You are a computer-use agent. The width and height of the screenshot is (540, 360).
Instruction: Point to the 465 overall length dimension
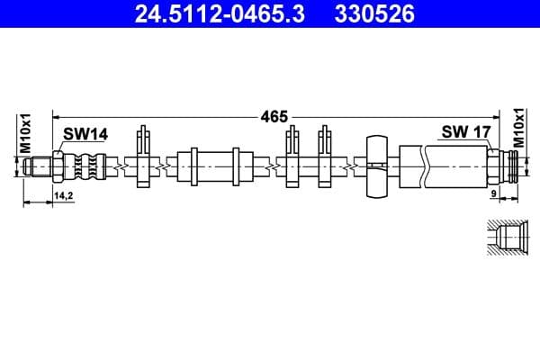274,115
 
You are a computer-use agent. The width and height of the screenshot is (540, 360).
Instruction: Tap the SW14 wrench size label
85,134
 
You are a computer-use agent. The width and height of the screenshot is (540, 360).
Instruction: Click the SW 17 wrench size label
465,132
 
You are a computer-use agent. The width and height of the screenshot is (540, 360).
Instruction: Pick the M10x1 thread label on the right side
518,129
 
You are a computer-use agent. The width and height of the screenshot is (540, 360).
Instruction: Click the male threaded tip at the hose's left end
38,166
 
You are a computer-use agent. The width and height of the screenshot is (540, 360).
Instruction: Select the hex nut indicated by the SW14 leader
58,166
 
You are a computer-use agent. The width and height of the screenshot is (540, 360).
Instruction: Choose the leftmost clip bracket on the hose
142,160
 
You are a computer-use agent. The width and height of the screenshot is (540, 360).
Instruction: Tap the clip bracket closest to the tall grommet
327,160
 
